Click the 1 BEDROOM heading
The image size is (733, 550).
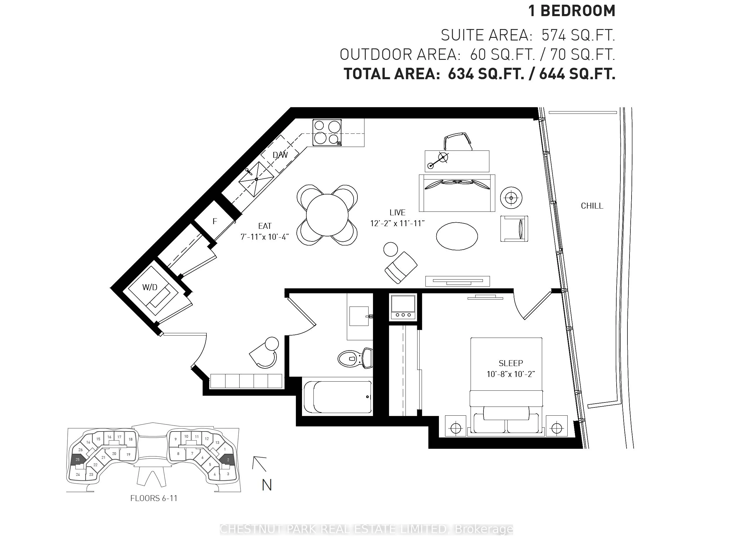(x=572, y=11)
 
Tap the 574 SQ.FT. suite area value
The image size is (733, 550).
(x=578, y=35)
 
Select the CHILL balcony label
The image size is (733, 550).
(x=592, y=206)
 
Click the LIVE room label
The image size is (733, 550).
(x=397, y=212)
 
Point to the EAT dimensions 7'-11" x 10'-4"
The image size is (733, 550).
(x=265, y=237)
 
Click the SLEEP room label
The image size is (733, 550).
(x=511, y=363)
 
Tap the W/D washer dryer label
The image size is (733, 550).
(x=150, y=287)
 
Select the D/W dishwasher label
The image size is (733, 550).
(x=280, y=155)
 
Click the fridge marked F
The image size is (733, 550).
(x=215, y=221)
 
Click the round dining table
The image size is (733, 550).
(x=327, y=215)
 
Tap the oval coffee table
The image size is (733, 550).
(x=457, y=236)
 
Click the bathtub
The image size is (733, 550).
(x=338, y=397)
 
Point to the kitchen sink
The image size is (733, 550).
(x=256, y=179)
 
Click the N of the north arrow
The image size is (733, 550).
(x=267, y=485)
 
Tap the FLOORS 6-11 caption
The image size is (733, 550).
(x=154, y=498)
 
